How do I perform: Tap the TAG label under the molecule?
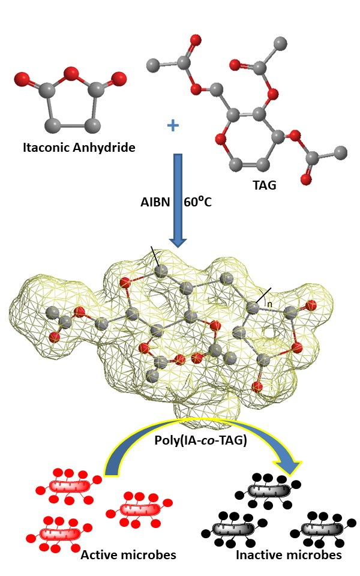(264, 185)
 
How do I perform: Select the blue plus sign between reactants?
(173, 125)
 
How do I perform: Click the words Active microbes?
(128, 554)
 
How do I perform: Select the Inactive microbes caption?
(289, 554)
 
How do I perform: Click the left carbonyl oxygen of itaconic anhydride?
(21, 78)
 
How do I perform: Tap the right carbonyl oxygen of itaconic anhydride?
(119, 78)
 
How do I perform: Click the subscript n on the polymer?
(269, 304)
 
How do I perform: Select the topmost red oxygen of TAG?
(194, 41)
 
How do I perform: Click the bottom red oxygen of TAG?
(307, 179)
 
